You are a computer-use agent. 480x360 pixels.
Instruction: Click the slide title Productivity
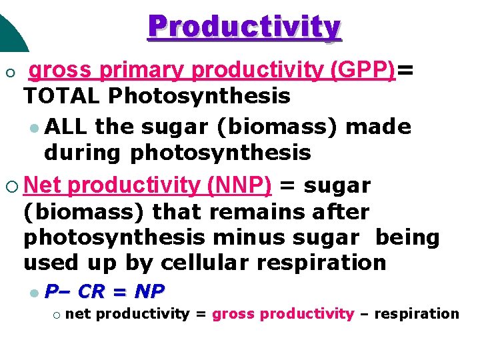[245, 27]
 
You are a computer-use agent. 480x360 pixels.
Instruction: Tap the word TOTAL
[63, 97]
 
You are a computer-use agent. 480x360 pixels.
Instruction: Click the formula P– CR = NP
[105, 291]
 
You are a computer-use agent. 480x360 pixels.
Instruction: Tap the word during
[83, 153]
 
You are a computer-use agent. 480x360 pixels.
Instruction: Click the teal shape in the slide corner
[11, 27]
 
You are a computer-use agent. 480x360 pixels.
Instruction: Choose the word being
[407, 238]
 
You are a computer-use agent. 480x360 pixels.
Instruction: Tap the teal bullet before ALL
[34, 127]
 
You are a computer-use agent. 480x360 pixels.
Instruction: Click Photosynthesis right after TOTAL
[200, 97]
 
